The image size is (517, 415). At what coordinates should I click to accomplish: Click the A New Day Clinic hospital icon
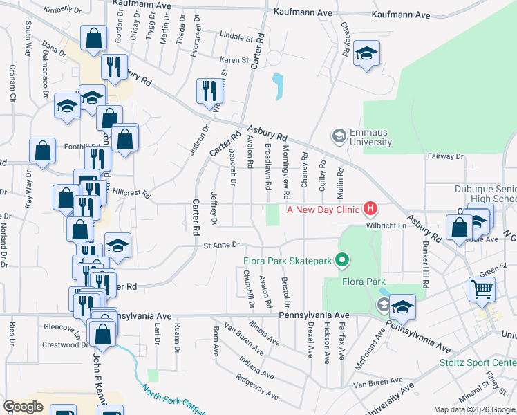click(370, 207)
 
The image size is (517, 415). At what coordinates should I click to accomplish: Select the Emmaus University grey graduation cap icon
click(339, 136)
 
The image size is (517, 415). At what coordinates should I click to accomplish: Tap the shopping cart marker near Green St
click(482, 289)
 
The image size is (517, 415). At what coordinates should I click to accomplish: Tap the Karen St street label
click(234, 60)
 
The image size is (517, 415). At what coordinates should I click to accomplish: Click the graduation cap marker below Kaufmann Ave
click(366, 53)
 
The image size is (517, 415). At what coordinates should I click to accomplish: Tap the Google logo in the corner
click(23, 407)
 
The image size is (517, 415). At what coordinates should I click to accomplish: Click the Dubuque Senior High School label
click(485, 194)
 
